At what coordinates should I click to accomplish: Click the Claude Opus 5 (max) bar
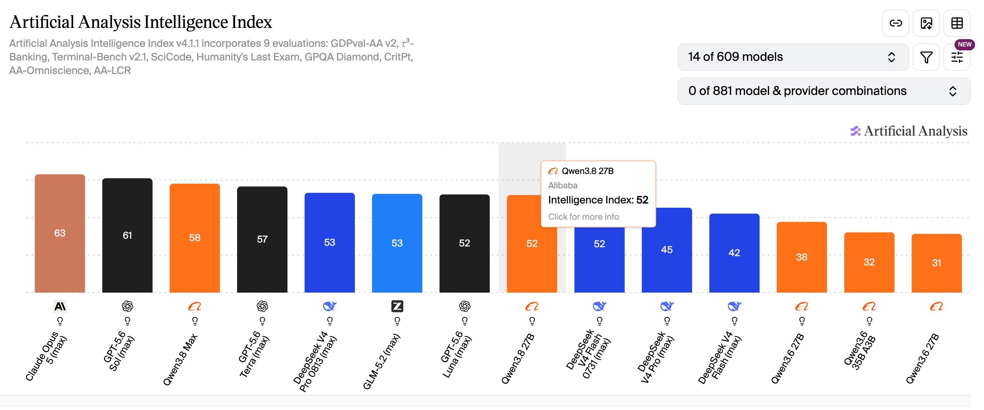click(x=60, y=233)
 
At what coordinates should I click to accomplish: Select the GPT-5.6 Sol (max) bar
click(x=127, y=235)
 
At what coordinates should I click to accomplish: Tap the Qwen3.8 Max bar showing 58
click(x=194, y=238)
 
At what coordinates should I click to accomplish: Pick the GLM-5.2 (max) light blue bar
click(x=397, y=243)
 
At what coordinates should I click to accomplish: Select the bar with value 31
click(x=936, y=263)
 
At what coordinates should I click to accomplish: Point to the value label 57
click(x=262, y=239)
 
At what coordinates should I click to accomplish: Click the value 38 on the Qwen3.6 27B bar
click(x=802, y=257)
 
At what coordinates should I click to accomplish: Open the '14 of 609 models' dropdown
click(x=793, y=57)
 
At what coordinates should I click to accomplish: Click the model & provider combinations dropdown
click(x=824, y=91)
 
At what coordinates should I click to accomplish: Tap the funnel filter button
click(x=926, y=57)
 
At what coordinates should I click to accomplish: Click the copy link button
click(x=896, y=23)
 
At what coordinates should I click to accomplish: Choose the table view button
click(x=957, y=23)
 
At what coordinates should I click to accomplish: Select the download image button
click(x=926, y=23)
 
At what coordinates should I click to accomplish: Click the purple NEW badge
click(x=964, y=45)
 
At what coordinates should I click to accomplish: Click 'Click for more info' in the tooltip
click(x=583, y=217)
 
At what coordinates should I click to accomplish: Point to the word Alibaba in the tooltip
click(x=563, y=185)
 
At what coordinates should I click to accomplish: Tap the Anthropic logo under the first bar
click(x=60, y=307)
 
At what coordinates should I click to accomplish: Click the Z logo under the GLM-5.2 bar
click(x=397, y=307)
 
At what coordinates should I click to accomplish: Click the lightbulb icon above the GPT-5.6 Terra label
click(x=262, y=321)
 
